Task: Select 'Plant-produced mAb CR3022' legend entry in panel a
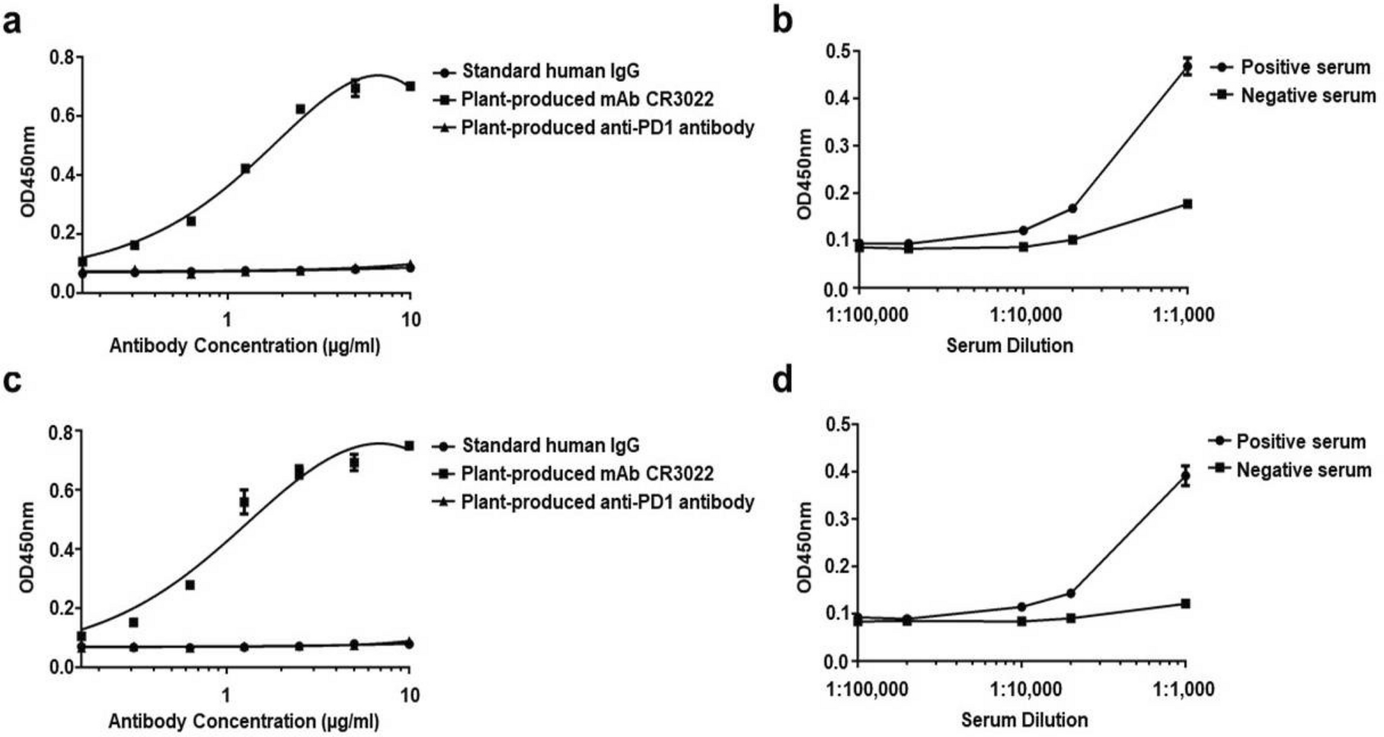click(587, 100)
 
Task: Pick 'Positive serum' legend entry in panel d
click(1300, 442)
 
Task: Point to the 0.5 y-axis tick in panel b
click(838, 51)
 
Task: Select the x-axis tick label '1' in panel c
click(226, 695)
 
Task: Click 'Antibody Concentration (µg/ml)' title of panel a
click(245, 346)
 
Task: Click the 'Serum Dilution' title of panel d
click(1024, 720)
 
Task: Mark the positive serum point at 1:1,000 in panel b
click(1187, 68)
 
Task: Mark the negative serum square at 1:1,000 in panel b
click(1187, 204)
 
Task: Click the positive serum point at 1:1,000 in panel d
click(1185, 477)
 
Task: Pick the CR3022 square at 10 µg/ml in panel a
click(410, 86)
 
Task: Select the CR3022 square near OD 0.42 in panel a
click(245, 168)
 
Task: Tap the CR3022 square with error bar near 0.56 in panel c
click(244, 502)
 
